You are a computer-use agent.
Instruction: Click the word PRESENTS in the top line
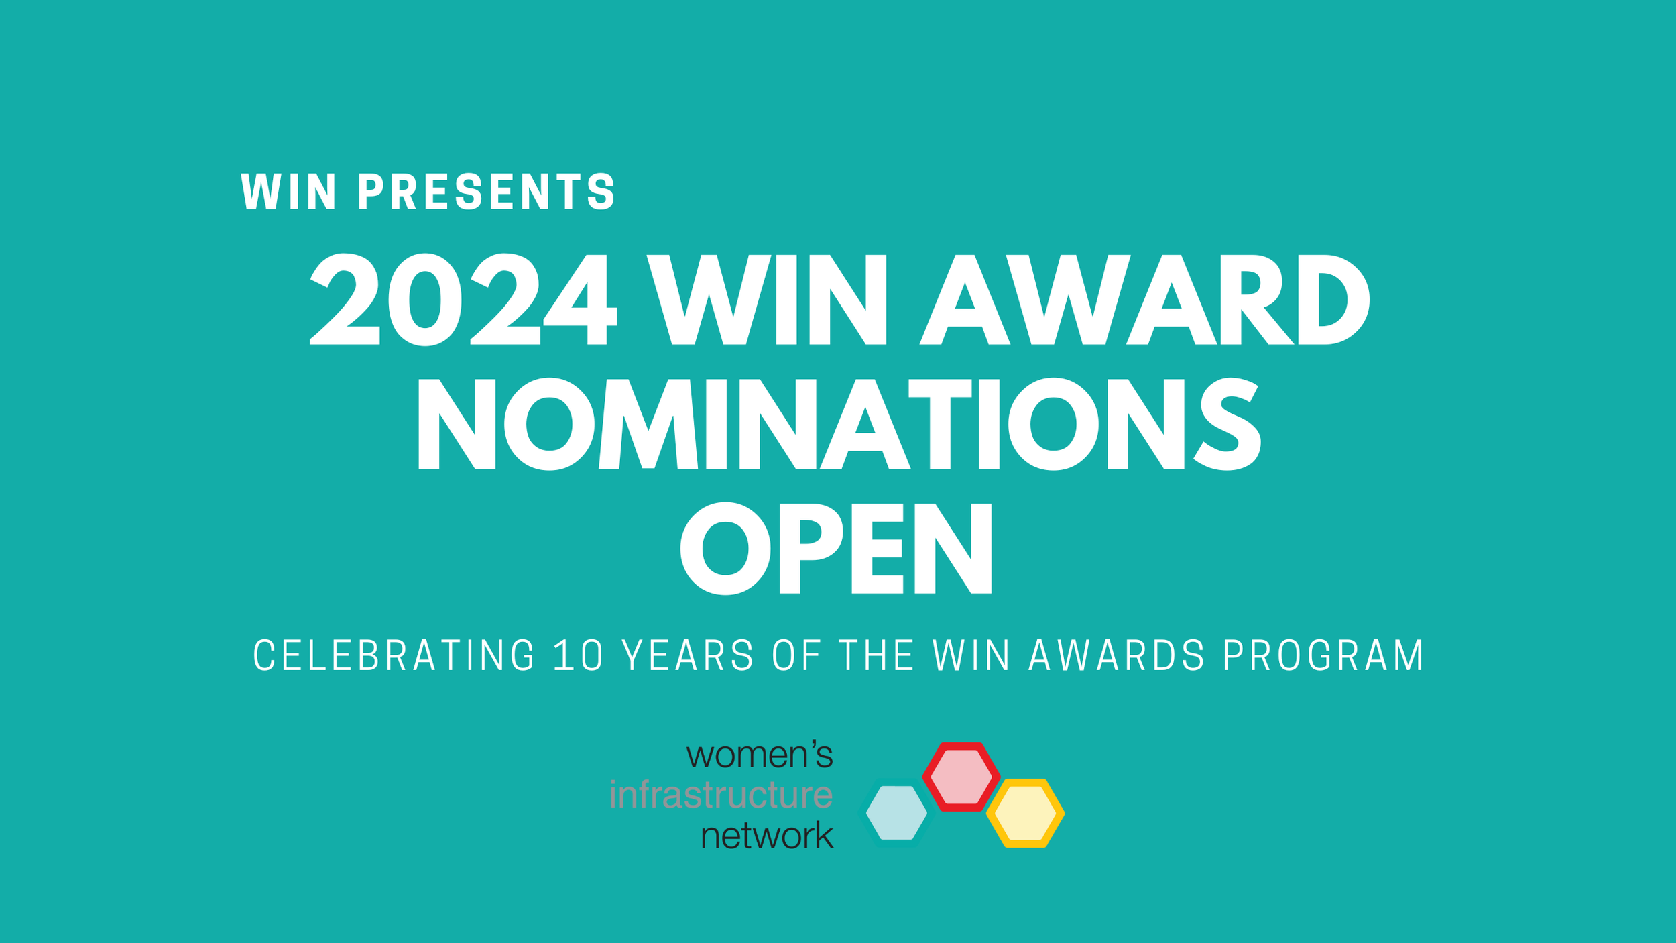[x=487, y=192]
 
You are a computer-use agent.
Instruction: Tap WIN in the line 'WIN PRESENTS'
[x=288, y=192]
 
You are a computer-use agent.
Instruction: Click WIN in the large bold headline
[x=767, y=300]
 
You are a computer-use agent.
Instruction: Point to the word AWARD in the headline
[x=1144, y=300]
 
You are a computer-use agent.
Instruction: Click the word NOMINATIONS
[x=839, y=424]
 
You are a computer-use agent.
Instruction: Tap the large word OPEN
[x=837, y=548]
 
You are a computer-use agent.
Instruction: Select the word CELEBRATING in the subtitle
[x=394, y=655]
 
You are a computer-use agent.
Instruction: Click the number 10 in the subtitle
[x=578, y=655]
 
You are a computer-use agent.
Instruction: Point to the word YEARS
[x=689, y=655]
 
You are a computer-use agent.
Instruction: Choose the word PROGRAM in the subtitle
[x=1324, y=655]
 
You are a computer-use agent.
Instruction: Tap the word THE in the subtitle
[x=876, y=655]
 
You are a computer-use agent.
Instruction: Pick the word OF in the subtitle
[x=796, y=655]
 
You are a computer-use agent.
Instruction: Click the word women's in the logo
[x=760, y=756]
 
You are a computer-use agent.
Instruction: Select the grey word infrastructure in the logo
[x=721, y=795]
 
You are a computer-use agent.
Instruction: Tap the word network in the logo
[x=767, y=836]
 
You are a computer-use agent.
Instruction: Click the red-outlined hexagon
[x=961, y=777]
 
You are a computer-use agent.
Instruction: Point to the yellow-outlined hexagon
[x=1025, y=814]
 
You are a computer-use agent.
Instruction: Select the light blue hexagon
[x=897, y=813]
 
